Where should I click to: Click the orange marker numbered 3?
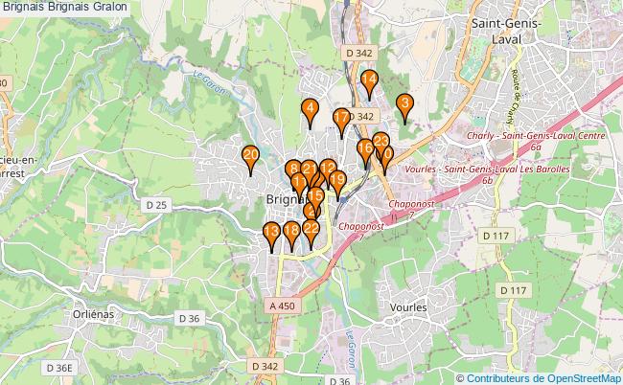pyautogui.click(x=404, y=104)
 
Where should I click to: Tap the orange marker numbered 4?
pyautogui.click(x=310, y=109)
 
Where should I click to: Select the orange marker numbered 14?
pyautogui.click(x=369, y=80)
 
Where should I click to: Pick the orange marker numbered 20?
pyautogui.click(x=250, y=155)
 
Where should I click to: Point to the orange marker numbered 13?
pyautogui.click(x=272, y=233)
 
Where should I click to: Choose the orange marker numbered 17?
pyautogui.click(x=341, y=120)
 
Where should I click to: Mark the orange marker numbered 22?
pyautogui.click(x=311, y=229)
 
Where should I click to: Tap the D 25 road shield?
pyautogui.click(x=157, y=205)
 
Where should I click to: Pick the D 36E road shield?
pyautogui.click(x=58, y=368)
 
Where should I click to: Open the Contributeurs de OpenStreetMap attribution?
pyautogui.click(x=542, y=378)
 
